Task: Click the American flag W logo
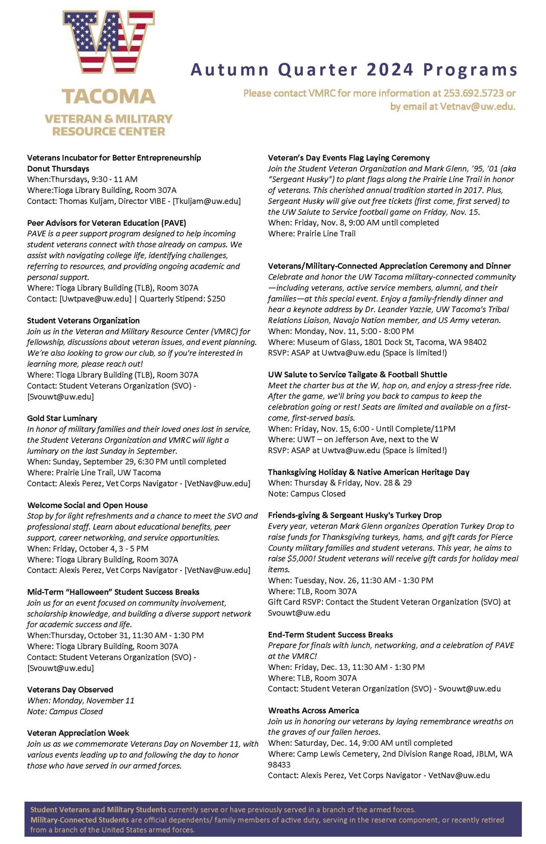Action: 109,43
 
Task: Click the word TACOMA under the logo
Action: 109,96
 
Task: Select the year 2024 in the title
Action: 390,70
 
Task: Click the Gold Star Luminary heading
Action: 62,418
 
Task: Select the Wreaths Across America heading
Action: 314,710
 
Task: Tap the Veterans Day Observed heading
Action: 70,690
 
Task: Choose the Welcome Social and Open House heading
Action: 87,505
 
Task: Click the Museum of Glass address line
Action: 377,342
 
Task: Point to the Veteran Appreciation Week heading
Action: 78,733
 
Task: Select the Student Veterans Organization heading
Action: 83,320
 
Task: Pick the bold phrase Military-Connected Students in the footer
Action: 80,820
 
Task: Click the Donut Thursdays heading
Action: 58,169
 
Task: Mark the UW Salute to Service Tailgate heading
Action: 357,375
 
